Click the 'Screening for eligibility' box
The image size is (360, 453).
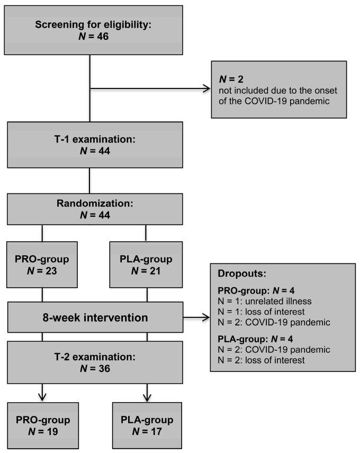click(x=91, y=29)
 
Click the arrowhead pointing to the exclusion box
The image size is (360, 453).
click(x=206, y=88)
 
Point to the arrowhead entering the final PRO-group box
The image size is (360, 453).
click(x=42, y=398)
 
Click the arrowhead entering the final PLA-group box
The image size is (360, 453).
click(x=146, y=398)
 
